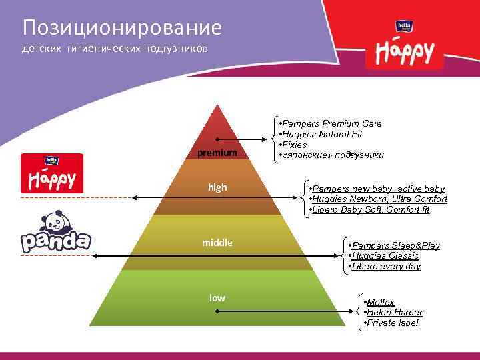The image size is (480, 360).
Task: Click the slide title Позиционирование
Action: coord(121,27)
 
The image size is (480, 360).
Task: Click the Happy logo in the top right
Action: coord(405,45)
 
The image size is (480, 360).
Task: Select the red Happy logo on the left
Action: coord(52,174)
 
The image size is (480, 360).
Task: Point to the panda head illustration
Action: coord(50,221)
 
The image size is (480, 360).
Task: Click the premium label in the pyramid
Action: coord(217,153)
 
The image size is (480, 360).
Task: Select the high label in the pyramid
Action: coord(217,188)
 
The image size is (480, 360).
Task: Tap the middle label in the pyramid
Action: coord(217,243)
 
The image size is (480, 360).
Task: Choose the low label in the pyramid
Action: coord(217,298)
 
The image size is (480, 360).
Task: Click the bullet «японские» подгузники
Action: coord(331,155)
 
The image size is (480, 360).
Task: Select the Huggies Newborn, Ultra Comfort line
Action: coord(379,199)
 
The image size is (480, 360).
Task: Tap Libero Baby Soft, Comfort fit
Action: coord(371,210)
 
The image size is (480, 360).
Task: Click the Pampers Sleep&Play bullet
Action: coord(394,245)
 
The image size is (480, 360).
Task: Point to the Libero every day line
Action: coord(385,267)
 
